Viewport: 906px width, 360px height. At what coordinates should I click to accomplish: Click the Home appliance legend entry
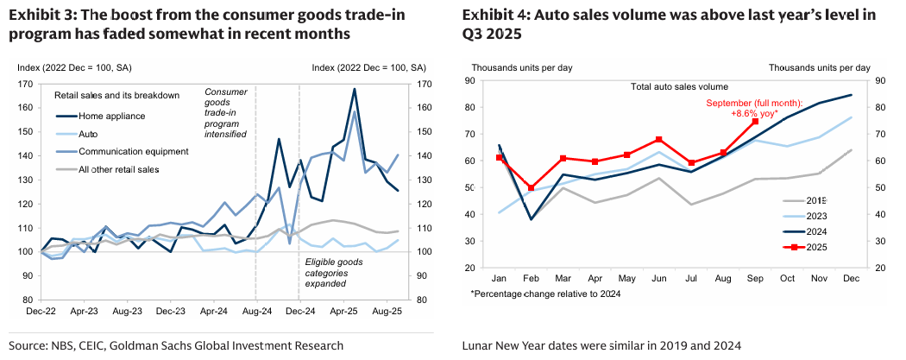112,116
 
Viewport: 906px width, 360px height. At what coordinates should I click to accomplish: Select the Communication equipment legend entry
133,151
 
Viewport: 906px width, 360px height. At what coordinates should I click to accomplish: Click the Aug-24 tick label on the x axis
255,308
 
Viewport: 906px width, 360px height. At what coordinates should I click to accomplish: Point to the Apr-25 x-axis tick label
342,308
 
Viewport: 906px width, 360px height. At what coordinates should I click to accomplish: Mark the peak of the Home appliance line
355,89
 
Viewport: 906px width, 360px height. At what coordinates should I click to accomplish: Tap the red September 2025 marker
755,122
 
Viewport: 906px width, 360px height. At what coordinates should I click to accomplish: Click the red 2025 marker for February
532,187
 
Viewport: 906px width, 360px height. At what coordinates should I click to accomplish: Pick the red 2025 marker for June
658,139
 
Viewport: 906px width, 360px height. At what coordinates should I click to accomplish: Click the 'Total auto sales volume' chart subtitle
679,86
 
